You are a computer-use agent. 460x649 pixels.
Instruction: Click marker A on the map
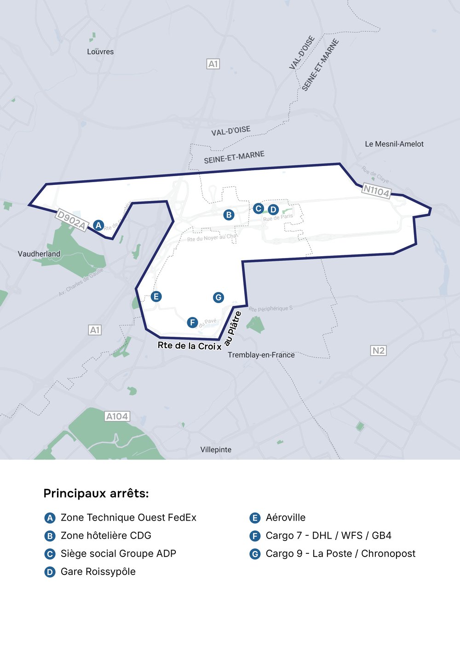[98, 225]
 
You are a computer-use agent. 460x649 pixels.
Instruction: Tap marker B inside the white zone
[229, 214]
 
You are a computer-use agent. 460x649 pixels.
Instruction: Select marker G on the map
[218, 298]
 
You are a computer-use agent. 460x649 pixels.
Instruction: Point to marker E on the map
[156, 296]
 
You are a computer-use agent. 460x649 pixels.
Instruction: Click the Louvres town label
[100, 52]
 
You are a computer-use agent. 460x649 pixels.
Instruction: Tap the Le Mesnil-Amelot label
[394, 144]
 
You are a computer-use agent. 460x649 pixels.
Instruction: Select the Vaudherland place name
[39, 254]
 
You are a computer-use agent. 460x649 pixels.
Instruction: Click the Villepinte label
[216, 449]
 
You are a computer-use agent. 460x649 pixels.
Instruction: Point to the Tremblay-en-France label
[261, 355]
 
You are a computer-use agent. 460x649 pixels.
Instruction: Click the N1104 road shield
[376, 190]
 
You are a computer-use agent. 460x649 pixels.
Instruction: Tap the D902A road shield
[71, 220]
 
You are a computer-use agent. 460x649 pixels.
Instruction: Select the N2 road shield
[378, 350]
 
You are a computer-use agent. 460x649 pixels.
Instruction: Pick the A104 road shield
[117, 416]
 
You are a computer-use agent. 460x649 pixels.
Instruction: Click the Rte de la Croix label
[190, 345]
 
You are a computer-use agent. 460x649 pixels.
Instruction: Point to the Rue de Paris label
[278, 217]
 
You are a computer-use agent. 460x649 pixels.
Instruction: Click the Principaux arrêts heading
[96, 494]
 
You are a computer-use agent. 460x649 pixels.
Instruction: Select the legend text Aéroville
[285, 517]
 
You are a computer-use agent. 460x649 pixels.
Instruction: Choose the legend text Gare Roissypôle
[98, 572]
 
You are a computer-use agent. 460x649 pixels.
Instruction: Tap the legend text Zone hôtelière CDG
[106, 535]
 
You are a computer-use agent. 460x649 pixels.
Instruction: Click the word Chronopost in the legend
[388, 553]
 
